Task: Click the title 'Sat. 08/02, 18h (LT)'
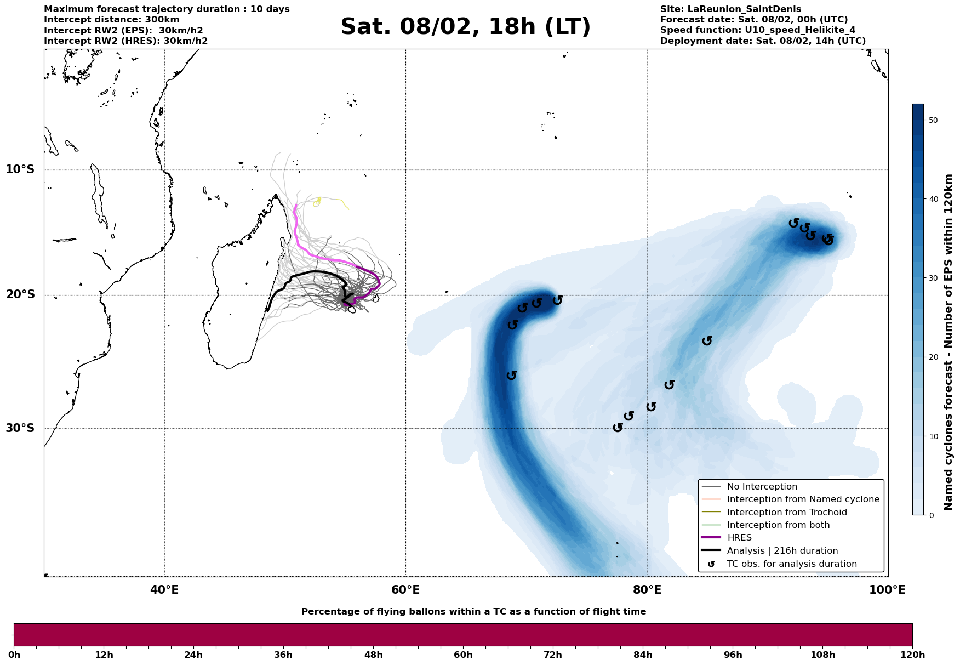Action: tap(465, 27)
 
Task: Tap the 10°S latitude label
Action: tap(20, 169)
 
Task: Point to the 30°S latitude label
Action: tap(20, 428)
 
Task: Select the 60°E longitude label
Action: tap(405, 590)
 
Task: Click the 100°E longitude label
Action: tap(888, 590)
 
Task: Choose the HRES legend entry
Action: tap(739, 538)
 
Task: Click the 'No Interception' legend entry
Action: tap(762, 487)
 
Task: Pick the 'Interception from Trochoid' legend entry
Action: tap(786, 513)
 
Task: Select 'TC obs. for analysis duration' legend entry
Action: tap(791, 564)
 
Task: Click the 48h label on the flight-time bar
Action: tap(373, 655)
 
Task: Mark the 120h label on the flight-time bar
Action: tap(912, 655)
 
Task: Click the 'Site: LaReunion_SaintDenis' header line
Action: tap(730, 9)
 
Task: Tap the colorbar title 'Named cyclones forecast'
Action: tap(948, 342)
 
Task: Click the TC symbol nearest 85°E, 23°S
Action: tap(707, 341)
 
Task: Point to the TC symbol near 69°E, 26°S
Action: tap(512, 375)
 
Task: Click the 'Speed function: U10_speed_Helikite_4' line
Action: tap(757, 30)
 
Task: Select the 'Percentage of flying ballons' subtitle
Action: tap(473, 612)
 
